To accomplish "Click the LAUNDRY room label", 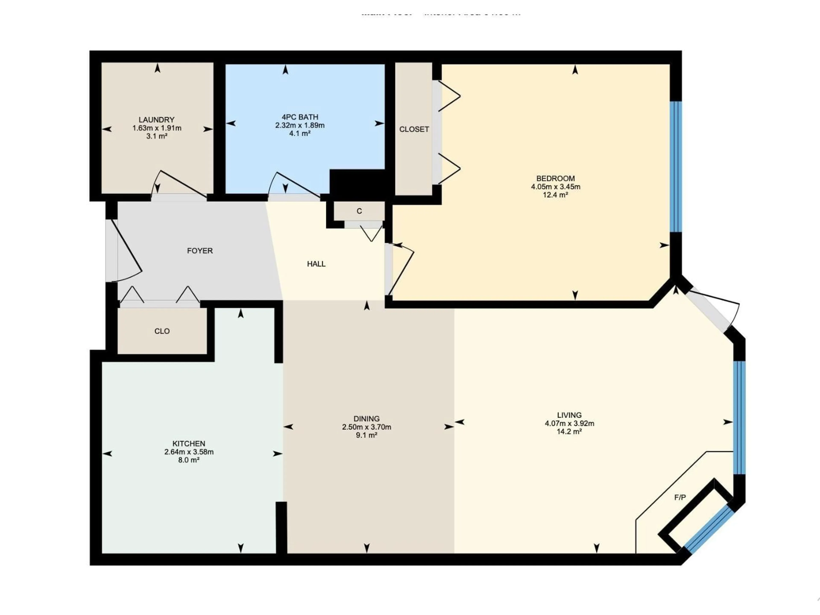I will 157,120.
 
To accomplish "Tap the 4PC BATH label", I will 300,117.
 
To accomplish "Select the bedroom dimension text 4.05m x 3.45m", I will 555,187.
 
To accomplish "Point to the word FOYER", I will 200,251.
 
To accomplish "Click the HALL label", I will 316,264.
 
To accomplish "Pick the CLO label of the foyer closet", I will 162,331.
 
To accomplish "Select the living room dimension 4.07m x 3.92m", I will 569,423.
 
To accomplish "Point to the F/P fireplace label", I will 680,498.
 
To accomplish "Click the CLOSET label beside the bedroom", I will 414,129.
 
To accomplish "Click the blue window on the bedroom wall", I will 676,167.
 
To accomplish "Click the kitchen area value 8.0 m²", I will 189,460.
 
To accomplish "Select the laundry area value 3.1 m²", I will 157,136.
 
